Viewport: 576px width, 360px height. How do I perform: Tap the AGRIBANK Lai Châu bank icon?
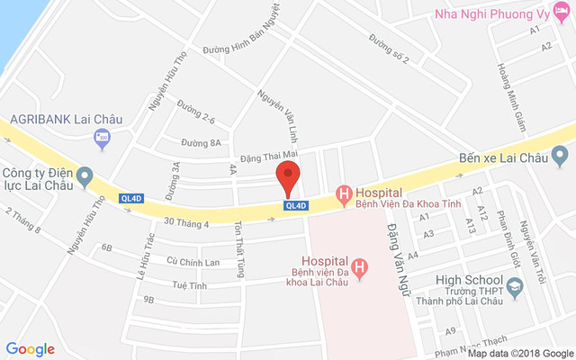pyautogui.click(x=102, y=138)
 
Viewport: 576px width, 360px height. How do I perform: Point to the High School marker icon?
pyautogui.click(x=515, y=289)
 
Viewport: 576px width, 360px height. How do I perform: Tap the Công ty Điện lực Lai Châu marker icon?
pyautogui.click(x=85, y=175)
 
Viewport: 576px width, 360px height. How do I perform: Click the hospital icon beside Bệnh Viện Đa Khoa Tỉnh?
pyautogui.click(x=342, y=193)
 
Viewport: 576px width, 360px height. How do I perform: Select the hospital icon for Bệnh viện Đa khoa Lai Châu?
pyautogui.click(x=360, y=267)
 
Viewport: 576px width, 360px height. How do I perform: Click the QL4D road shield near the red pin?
pyautogui.click(x=296, y=206)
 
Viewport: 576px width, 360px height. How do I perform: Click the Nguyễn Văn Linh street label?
pyautogui.click(x=277, y=115)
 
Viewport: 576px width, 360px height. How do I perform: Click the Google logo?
pyautogui.click(x=30, y=349)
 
